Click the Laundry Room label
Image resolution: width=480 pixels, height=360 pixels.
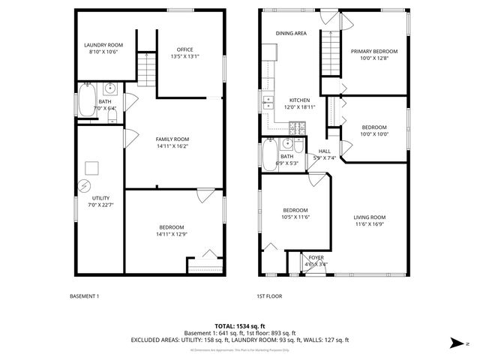click(x=103, y=45)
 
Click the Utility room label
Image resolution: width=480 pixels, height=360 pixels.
click(x=100, y=198)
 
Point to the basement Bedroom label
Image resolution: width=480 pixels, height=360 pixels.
click(x=172, y=227)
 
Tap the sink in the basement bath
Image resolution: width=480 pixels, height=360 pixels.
click(x=109, y=88)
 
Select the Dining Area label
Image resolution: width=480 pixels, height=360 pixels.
click(x=291, y=34)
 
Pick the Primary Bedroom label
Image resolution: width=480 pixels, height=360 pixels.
click(x=374, y=51)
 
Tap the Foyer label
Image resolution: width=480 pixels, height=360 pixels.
click(x=316, y=257)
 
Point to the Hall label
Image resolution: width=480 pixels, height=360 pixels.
click(x=324, y=151)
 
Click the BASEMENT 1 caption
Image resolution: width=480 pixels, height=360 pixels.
click(x=84, y=296)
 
